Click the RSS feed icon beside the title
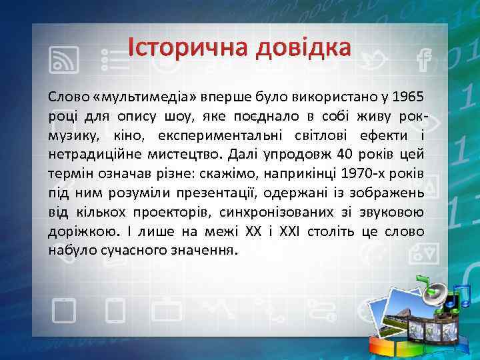65,61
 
